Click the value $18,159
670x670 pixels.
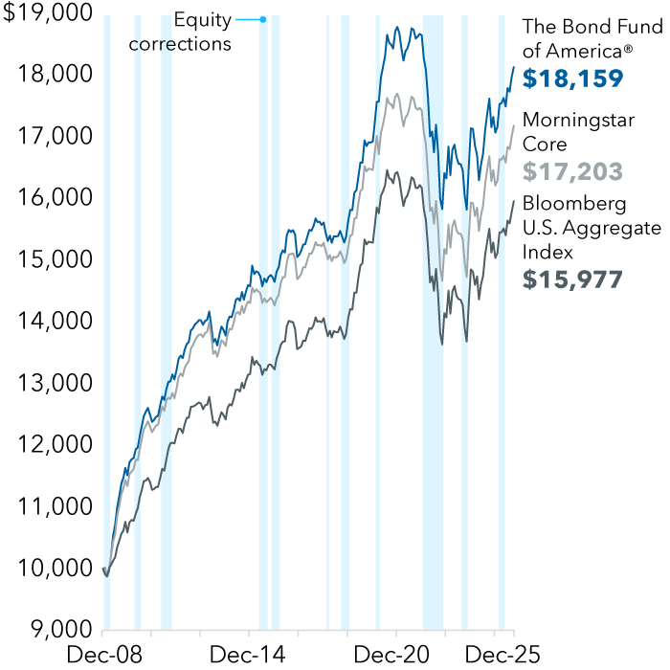point(572,78)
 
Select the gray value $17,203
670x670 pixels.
point(572,171)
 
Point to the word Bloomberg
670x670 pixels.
point(574,204)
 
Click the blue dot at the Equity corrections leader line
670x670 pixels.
point(264,19)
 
